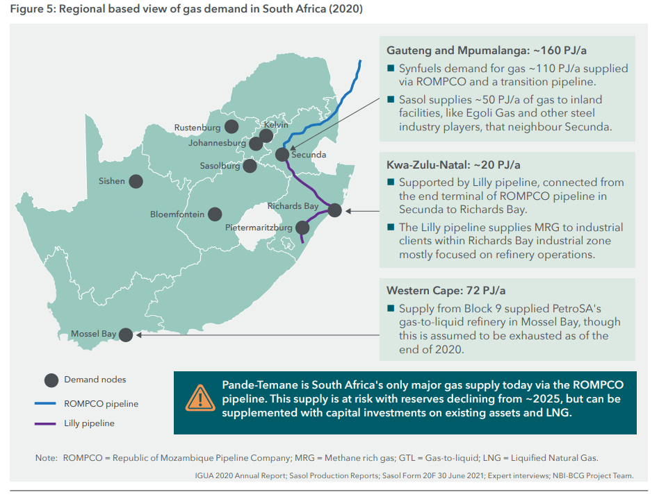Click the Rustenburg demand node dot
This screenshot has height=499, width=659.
pos(231,127)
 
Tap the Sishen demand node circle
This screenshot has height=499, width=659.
pos(136,181)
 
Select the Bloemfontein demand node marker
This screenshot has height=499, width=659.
pos(215,214)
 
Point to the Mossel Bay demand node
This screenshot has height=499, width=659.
pos(126,335)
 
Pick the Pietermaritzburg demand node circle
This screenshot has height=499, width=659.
pos(302,227)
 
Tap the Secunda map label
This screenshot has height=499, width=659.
pos(308,155)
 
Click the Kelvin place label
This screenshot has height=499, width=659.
pos(276,125)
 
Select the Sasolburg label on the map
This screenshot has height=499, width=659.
pos(220,166)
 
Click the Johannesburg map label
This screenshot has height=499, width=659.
pos(217,143)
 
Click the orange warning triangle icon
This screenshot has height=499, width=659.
pos(200,397)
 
